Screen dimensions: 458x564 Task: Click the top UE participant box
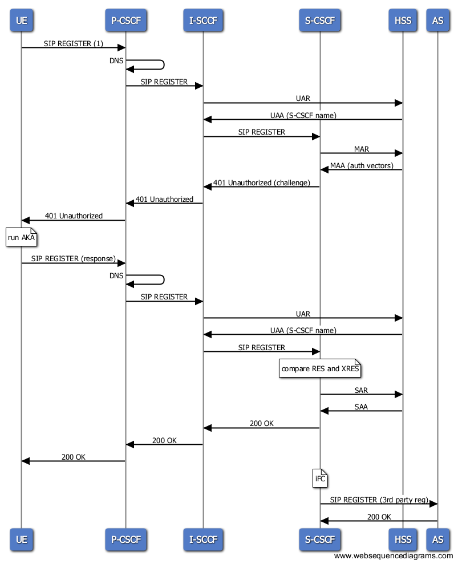21,20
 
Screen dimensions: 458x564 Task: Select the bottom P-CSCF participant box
126,539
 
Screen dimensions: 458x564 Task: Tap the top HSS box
403,20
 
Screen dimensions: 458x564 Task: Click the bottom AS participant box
437,539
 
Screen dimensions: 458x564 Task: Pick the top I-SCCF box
203,20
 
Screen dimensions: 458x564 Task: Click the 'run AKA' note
21,237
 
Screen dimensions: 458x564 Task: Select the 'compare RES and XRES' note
320,368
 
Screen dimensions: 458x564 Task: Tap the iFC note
320,478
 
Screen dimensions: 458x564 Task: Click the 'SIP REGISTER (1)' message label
74,43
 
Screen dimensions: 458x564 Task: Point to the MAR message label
361,149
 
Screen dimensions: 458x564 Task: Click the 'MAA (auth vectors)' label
362,165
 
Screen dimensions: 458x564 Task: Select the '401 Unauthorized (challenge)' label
262,182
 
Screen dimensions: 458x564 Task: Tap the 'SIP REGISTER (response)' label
74,259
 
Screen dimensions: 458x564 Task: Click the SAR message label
361,390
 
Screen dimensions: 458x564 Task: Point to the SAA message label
361,407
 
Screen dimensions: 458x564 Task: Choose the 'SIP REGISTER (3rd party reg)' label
379,500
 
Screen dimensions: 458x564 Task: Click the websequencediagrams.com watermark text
393,555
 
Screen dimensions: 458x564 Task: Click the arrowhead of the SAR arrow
399,394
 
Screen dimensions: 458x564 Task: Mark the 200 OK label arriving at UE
74,457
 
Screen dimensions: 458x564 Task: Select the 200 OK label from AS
379,517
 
